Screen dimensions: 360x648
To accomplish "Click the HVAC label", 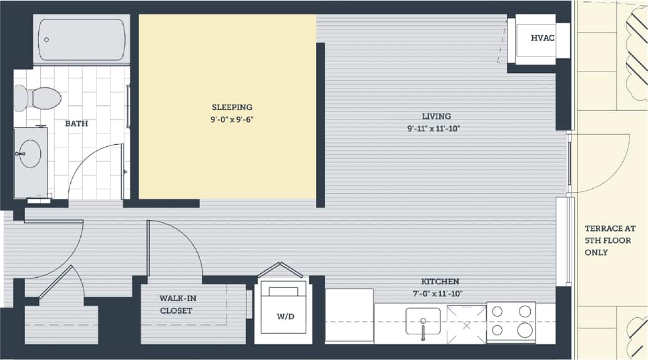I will point(543,38).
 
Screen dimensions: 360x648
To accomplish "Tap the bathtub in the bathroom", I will point(82,40).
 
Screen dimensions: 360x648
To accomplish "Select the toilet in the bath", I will point(38,98).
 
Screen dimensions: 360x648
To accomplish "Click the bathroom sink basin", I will point(29,153).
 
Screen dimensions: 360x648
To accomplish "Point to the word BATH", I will point(77,124).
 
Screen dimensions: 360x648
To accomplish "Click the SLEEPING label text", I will point(231,107).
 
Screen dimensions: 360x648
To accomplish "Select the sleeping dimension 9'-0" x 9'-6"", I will point(231,119).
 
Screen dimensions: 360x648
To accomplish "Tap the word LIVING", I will point(437,116).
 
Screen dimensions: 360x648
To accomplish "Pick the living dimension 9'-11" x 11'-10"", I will point(437,129).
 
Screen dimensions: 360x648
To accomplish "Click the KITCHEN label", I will point(440,282).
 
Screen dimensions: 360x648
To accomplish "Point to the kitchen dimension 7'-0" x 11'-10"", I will point(440,293).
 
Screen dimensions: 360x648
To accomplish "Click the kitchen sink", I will point(423,321).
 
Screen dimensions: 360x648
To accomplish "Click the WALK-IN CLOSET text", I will point(176,304).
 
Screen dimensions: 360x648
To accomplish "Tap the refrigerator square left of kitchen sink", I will point(349,315).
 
